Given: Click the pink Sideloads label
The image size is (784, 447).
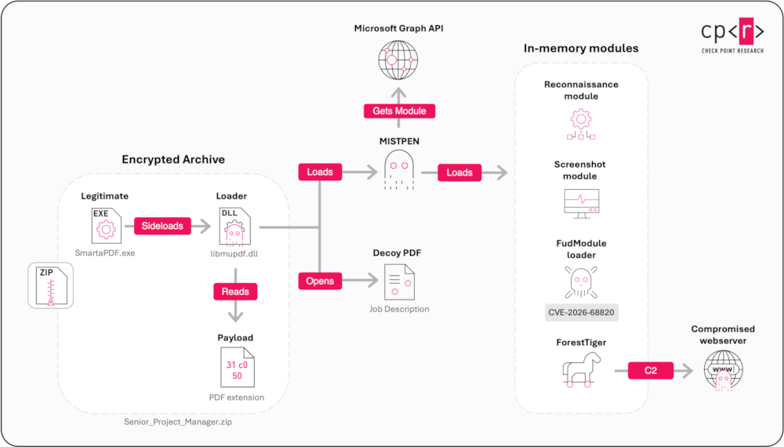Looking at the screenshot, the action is (162, 226).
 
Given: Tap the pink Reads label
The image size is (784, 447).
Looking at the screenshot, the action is (235, 292).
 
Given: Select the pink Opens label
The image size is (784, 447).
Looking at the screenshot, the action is (320, 281).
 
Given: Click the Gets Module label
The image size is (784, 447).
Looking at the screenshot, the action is (399, 111).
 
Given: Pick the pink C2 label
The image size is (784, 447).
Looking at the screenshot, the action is (651, 370).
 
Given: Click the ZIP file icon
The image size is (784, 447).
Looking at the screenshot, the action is (51, 285).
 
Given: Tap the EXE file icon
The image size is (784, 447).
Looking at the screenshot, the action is (107, 226).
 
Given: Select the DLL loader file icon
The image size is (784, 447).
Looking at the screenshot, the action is (235, 227).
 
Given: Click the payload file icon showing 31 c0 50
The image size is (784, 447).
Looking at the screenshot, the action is (238, 368).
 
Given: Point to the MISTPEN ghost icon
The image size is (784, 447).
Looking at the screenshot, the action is (399, 170).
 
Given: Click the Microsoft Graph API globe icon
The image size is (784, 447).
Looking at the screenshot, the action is (398, 60).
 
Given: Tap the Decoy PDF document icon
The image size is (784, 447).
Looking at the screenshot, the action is (400, 282).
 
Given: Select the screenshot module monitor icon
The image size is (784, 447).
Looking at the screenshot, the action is (582, 203).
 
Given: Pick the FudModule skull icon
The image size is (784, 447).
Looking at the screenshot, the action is (581, 282).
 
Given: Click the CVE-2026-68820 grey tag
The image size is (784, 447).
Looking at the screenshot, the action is (582, 312).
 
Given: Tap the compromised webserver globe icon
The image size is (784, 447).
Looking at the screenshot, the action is (724, 370).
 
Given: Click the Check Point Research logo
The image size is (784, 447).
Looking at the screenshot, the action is (732, 35).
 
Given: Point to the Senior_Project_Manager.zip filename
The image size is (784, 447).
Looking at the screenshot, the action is (178, 422).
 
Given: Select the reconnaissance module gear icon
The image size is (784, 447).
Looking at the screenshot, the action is (581, 125).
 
